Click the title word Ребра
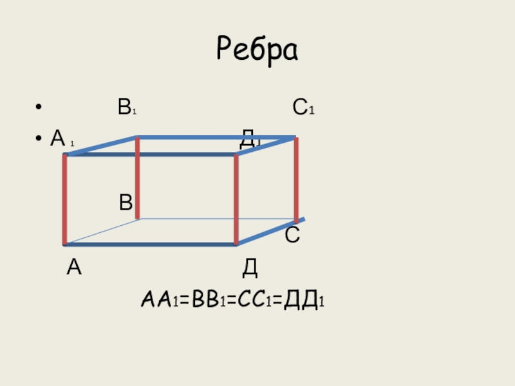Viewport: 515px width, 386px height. [257, 49]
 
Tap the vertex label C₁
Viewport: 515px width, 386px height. [303, 107]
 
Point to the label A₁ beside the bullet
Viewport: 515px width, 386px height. [62, 138]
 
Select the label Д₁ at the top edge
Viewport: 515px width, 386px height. [249, 138]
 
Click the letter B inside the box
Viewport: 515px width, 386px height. [126, 203]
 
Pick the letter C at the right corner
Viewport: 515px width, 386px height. [292, 235]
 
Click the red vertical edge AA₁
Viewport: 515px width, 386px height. [65, 199]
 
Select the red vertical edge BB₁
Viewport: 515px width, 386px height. [138, 178]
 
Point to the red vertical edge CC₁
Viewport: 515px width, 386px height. [296, 180]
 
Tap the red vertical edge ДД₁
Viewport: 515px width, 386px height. [236, 199]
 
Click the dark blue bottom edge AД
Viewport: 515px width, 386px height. [151, 244]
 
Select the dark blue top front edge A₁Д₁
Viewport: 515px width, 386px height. [151, 154]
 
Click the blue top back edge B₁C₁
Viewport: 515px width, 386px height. [216, 137]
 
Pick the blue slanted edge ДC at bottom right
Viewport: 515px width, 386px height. [270, 232]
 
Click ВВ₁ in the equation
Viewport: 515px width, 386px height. [203, 300]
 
